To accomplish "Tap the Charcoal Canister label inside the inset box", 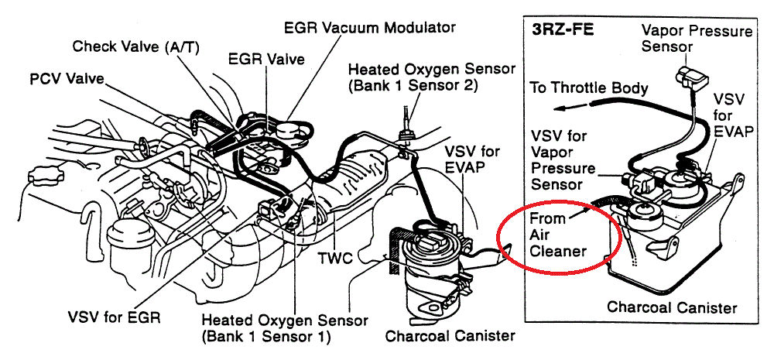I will (672, 307).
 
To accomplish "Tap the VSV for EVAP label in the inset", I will (732, 115).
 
